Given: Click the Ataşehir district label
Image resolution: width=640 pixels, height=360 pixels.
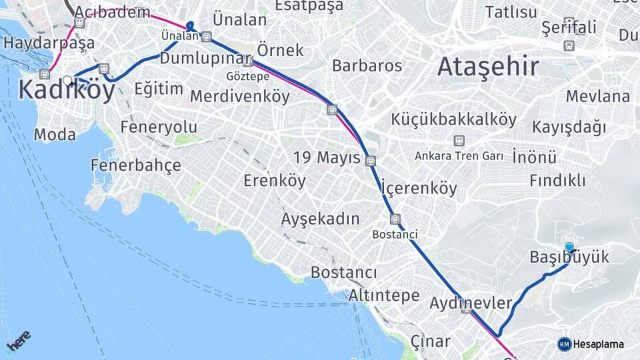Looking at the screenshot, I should (x=488, y=67).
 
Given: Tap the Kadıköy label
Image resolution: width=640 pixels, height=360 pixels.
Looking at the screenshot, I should (x=67, y=89).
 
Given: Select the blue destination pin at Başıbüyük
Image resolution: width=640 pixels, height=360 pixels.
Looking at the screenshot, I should (x=569, y=248).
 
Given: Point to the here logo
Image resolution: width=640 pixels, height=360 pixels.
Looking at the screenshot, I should (x=18, y=341).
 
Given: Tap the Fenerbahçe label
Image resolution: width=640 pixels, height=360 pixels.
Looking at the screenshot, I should (x=136, y=165).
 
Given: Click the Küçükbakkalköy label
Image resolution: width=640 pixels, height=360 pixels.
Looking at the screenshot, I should (x=454, y=120).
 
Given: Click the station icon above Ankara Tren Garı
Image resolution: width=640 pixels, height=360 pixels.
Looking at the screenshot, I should (x=459, y=141).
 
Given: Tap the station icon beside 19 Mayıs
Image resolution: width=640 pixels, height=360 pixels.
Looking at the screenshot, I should (x=371, y=160).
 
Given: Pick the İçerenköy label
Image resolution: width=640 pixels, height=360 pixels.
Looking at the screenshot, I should (x=419, y=188).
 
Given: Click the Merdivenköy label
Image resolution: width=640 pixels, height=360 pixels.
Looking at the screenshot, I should (x=240, y=97).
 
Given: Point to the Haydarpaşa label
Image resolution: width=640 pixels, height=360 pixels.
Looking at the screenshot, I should (x=49, y=43).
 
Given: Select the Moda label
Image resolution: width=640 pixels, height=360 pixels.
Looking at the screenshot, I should (x=55, y=135).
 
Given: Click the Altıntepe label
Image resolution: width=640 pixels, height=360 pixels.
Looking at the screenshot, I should (x=384, y=295).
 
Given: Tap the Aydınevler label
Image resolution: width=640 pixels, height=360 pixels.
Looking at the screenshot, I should (x=471, y=303).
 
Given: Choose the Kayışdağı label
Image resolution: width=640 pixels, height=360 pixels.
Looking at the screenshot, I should (x=569, y=127).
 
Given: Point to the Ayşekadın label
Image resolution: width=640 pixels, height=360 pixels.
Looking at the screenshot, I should (x=320, y=219).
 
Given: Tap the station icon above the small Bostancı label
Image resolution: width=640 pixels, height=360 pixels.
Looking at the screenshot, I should (x=395, y=219).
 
